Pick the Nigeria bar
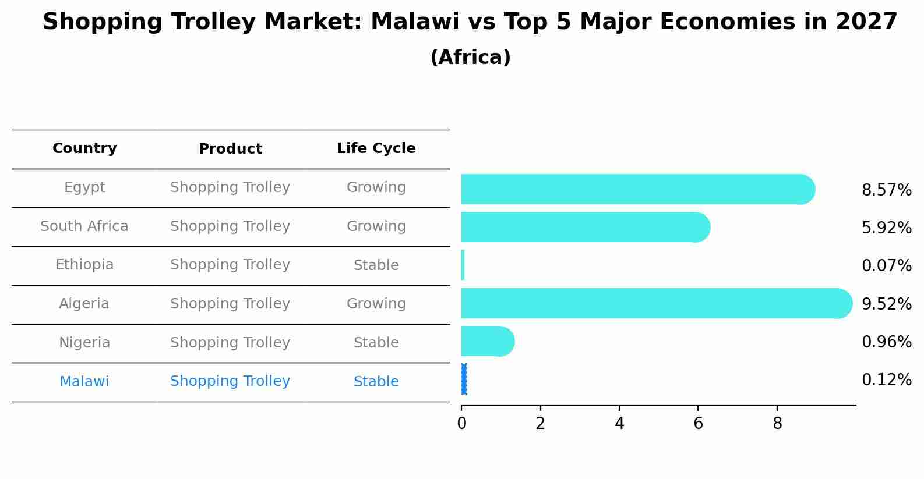pos(486,341)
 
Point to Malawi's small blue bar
pos(464,379)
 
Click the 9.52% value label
pos(886,304)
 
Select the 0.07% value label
pos(886,266)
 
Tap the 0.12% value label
pos(886,380)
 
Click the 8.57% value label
pos(886,190)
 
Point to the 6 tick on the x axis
pos(698,424)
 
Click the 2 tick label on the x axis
pos(540,424)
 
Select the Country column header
pos(84,148)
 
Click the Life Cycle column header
pos(376,148)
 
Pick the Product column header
pos(230,149)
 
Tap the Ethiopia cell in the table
pos(84,265)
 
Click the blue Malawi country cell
pos(84,382)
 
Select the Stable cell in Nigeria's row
pos(376,343)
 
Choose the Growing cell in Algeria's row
pos(376,304)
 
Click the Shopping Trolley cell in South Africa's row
pos(230,226)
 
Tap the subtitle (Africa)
pos(470,58)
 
